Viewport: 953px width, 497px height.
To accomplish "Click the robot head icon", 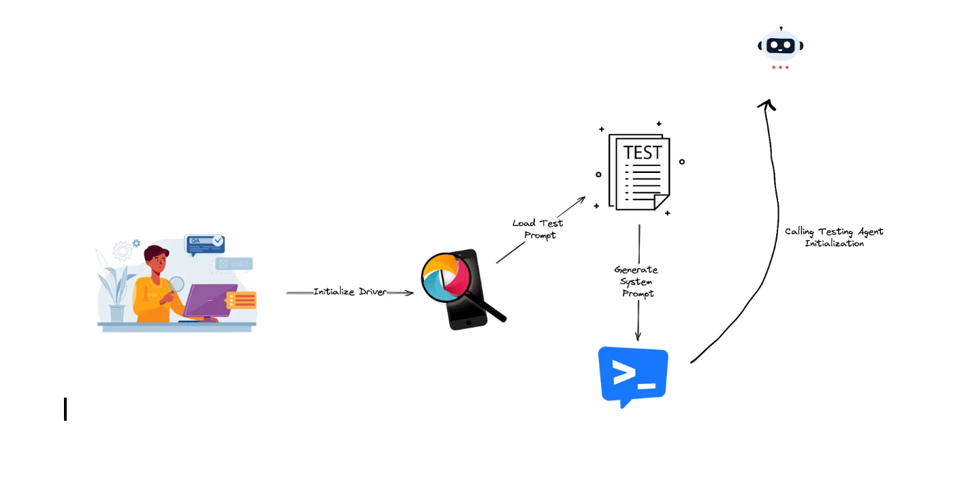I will click(780, 46).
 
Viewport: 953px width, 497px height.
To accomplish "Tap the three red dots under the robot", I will click(780, 67).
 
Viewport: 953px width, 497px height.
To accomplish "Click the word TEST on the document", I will click(642, 153).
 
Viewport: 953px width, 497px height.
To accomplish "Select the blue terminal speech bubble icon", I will click(633, 376).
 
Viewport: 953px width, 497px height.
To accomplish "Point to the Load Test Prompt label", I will click(538, 229).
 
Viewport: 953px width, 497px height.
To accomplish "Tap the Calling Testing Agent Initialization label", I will click(834, 237).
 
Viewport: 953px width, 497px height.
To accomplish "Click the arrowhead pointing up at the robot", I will click(767, 104).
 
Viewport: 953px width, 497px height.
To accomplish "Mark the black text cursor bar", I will click(65, 409).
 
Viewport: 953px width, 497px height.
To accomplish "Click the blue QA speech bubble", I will click(204, 243).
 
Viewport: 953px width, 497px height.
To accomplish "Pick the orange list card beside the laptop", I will click(242, 300).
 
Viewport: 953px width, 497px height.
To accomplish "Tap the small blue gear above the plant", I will click(136, 242).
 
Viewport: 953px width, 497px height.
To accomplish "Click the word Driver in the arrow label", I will click(372, 291).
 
